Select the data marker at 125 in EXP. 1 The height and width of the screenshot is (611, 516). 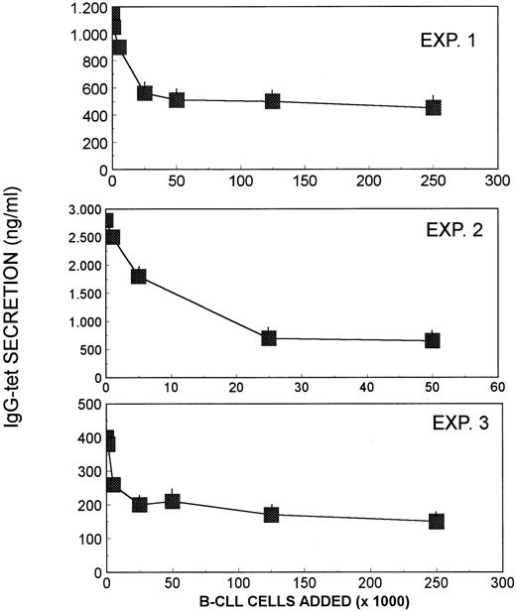(272, 100)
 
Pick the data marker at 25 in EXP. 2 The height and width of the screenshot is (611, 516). (269, 338)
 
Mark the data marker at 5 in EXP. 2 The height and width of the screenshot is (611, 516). (139, 276)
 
